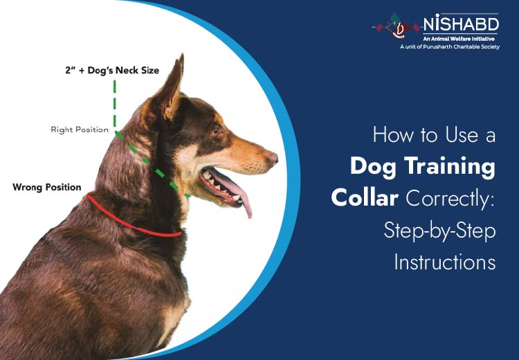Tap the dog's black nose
click(273, 159)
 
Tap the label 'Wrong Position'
click(46, 187)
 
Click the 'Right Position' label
click(80, 129)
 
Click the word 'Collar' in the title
click(365, 199)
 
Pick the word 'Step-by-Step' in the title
click(439, 231)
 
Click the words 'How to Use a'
click(434, 135)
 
